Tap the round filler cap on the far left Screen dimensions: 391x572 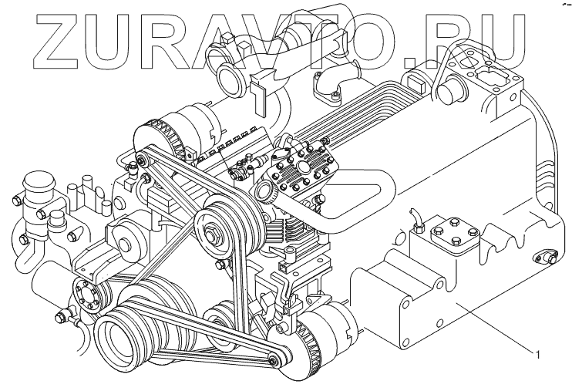(x=34, y=190)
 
